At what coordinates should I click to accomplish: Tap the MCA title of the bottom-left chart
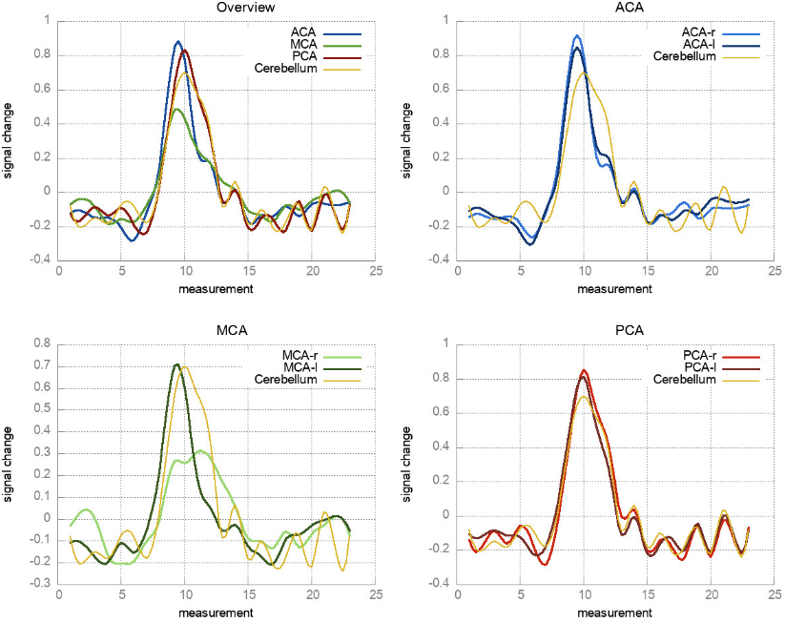point(218,331)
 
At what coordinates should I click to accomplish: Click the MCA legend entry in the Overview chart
point(302,44)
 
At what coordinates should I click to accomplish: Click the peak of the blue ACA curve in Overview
point(177,42)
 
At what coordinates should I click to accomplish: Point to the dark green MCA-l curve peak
point(176,364)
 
